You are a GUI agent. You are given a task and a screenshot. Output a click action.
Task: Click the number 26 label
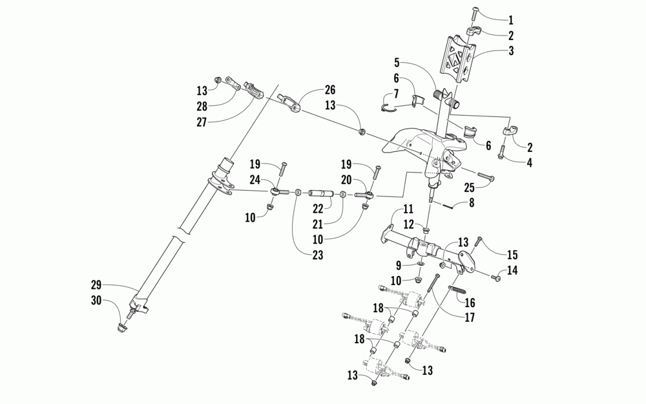click(330, 89)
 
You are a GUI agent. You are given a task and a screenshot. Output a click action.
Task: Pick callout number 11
click(408, 208)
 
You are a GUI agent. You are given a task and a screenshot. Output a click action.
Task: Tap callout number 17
click(469, 318)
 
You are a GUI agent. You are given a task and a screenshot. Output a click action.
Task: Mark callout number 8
click(471, 204)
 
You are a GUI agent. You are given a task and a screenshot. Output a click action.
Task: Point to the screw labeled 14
click(495, 278)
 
